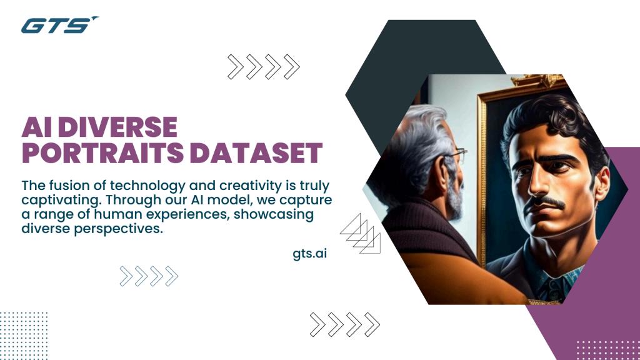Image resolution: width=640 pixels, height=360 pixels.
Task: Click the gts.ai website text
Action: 309,254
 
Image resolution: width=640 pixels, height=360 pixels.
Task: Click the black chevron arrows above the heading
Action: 263,67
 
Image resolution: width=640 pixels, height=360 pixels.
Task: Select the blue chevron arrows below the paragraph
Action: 149,276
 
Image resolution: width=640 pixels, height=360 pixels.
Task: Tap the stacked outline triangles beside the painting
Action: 362,232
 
